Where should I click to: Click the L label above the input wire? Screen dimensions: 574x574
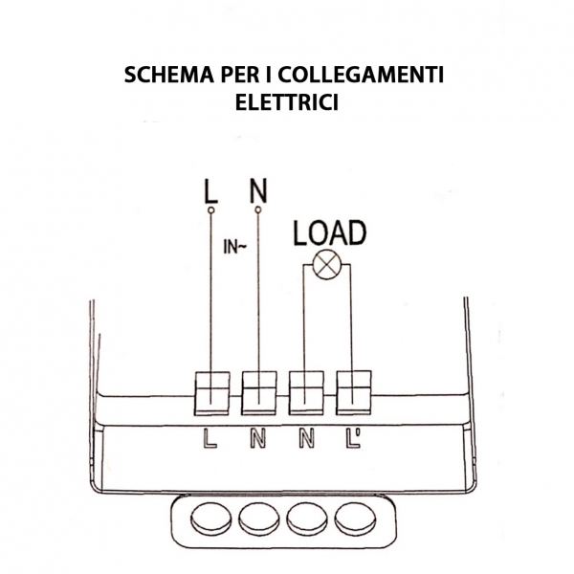click(x=210, y=190)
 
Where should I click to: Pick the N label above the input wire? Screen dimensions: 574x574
click(x=257, y=190)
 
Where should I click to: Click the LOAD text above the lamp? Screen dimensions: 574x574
click(x=328, y=232)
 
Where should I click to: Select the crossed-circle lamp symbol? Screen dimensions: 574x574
click(x=327, y=267)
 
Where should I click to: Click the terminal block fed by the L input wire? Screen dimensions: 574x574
click(x=210, y=392)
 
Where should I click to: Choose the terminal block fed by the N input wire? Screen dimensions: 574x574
click(x=258, y=392)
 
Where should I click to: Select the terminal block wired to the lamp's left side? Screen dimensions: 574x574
click(x=306, y=392)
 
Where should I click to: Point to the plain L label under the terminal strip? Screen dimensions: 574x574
click(x=211, y=440)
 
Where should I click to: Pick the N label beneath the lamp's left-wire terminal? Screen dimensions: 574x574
click(x=306, y=440)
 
